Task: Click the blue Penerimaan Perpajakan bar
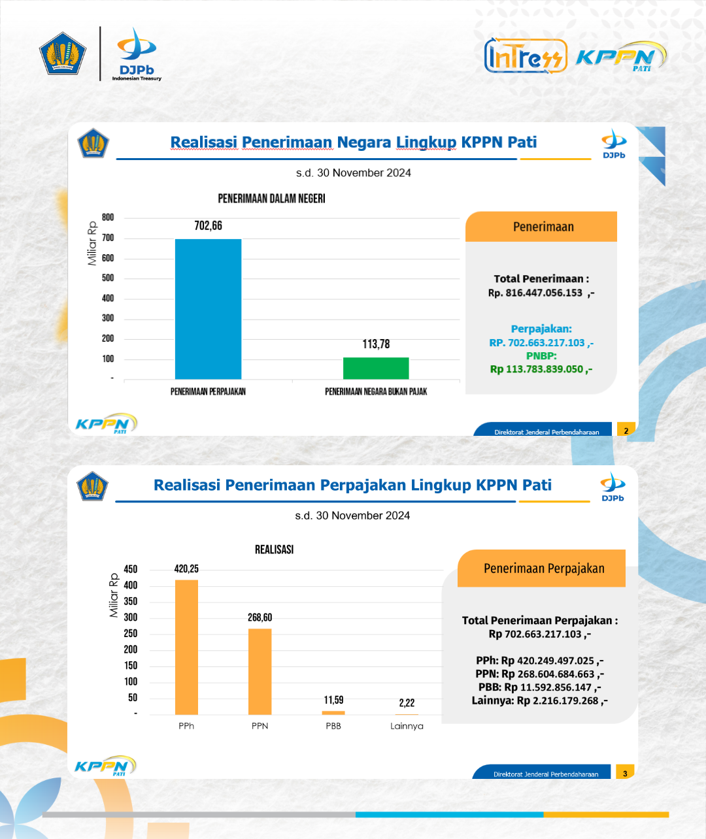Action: point(208,309)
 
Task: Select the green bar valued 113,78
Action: point(376,368)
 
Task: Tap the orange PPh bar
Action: point(186,647)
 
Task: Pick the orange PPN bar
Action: point(260,672)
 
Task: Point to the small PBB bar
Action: point(333,713)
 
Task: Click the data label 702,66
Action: point(209,226)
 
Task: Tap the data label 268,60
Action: point(260,617)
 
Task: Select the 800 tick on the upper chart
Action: point(108,218)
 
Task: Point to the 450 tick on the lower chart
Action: point(130,569)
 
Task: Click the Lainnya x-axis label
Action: point(407,726)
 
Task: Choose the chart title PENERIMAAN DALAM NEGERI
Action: point(271,199)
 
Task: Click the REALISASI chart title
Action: point(274,550)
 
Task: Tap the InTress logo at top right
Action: point(526,56)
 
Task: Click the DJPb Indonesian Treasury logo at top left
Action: point(136,54)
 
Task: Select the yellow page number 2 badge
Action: point(626,429)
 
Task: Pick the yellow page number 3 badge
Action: point(625,772)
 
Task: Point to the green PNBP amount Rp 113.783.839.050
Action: point(541,369)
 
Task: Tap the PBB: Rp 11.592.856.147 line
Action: point(539,687)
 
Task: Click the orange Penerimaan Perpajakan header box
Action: point(541,568)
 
